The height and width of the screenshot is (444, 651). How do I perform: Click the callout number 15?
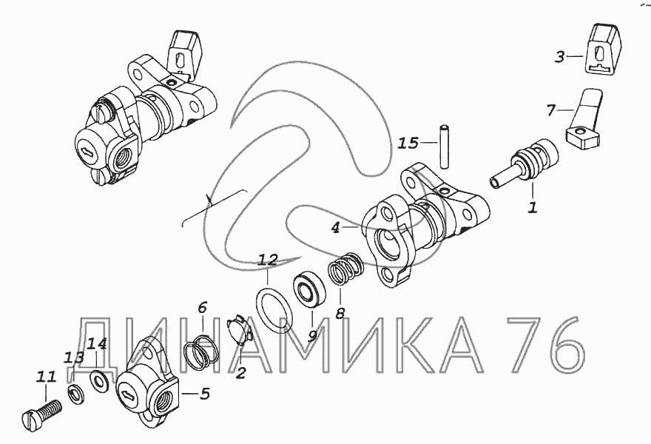pyautogui.click(x=408, y=143)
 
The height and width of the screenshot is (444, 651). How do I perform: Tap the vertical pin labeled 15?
pyautogui.click(x=445, y=147)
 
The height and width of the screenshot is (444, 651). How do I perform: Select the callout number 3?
pyautogui.click(x=560, y=56)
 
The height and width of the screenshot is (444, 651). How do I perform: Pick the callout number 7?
pyautogui.click(x=551, y=110)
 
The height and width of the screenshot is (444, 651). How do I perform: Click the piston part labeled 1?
pyautogui.click(x=524, y=164)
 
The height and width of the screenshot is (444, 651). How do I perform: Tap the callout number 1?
pyautogui.click(x=533, y=207)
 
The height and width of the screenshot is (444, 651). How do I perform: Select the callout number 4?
pyautogui.click(x=335, y=228)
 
